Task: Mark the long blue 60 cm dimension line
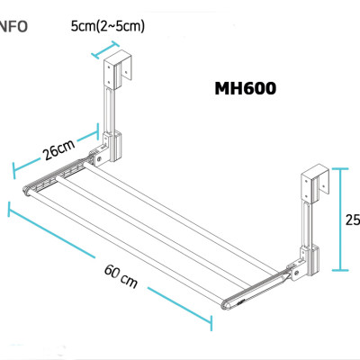point(108,265)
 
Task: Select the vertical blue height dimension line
point(339,219)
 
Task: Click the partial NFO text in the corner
point(13,25)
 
